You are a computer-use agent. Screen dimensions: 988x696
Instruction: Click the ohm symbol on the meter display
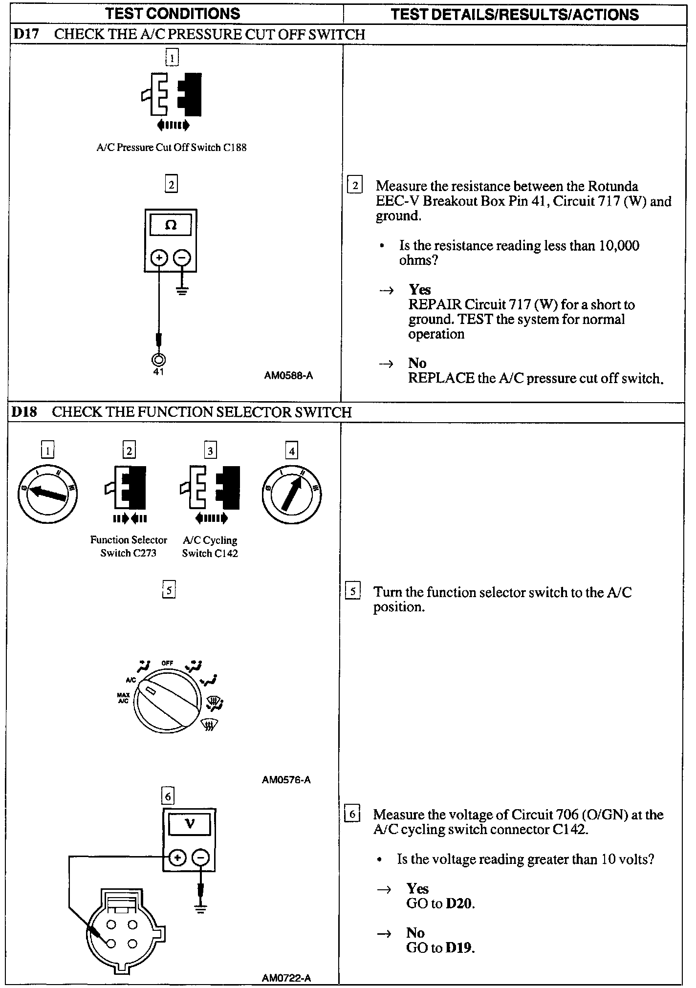tap(171, 225)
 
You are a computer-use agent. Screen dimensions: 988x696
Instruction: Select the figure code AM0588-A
tap(288, 376)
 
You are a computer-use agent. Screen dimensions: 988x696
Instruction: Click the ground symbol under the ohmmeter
tap(182, 292)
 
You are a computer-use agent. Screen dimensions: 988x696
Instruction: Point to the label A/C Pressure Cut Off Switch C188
tap(172, 148)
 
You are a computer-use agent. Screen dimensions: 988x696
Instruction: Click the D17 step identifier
tap(26, 34)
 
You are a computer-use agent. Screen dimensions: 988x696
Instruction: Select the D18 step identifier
tap(24, 412)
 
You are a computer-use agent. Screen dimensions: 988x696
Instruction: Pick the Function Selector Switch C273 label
tap(129, 546)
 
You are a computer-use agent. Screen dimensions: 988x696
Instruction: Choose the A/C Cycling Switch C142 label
tap(210, 546)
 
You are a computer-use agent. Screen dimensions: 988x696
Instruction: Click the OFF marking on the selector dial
tap(167, 663)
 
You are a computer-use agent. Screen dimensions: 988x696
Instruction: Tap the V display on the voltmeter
tap(190, 824)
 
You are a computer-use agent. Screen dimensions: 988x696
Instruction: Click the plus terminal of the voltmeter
tap(177, 858)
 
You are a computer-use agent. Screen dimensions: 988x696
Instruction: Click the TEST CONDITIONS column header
tap(173, 14)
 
